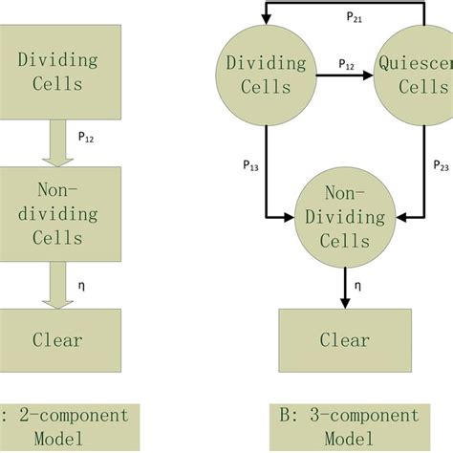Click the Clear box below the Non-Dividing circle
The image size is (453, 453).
(x=345, y=338)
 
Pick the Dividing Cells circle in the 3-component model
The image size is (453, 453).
(x=266, y=75)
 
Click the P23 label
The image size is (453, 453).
(x=442, y=166)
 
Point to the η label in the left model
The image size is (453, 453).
(x=81, y=284)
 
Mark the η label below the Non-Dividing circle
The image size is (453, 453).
(x=358, y=284)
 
